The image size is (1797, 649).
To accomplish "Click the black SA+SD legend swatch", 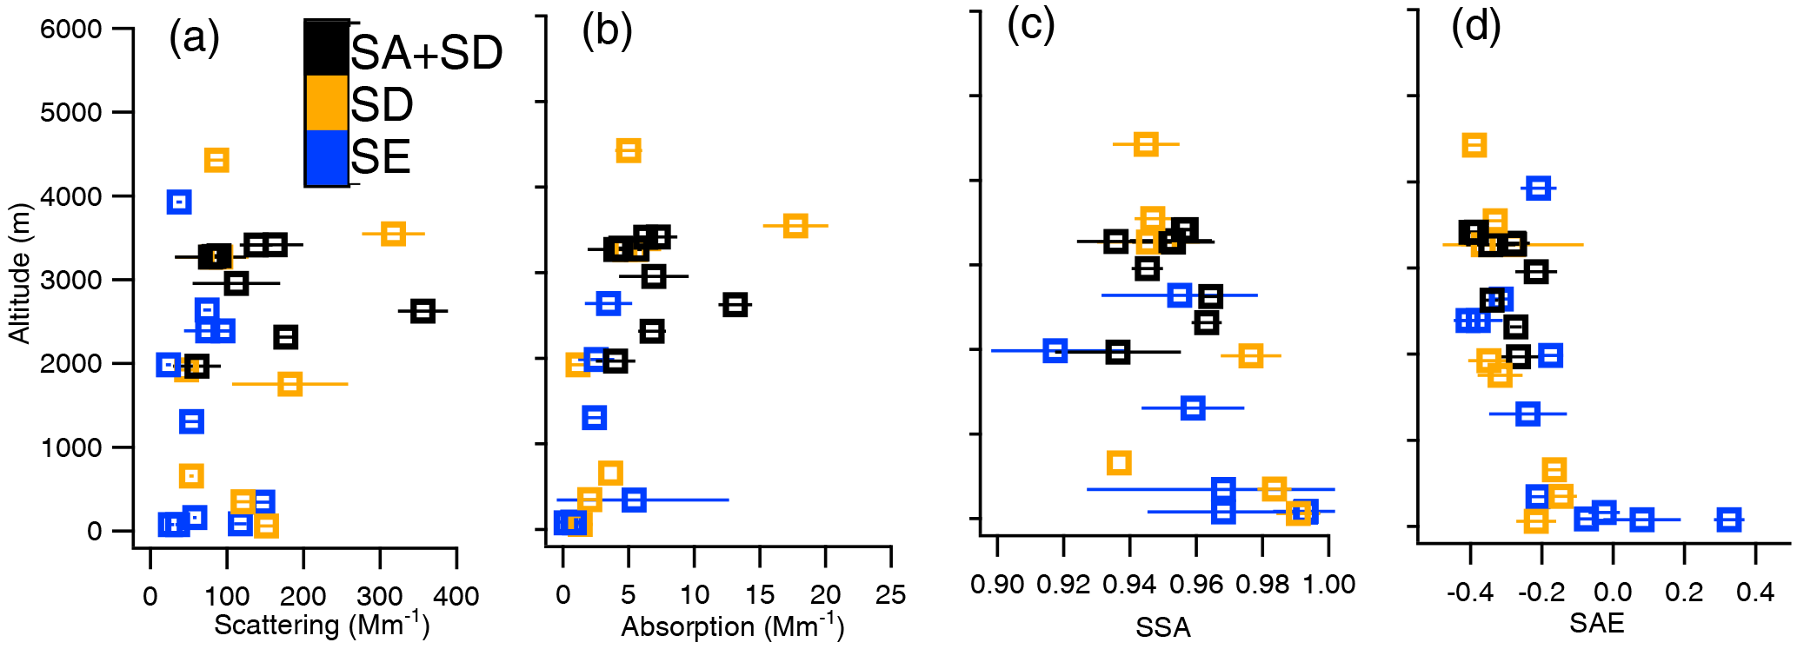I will [x=326, y=48].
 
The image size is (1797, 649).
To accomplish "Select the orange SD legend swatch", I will [x=326, y=103].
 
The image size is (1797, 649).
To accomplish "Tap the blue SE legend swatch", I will [x=326, y=157].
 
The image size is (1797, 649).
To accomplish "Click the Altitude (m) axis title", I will [x=19, y=274].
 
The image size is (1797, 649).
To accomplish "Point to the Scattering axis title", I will [x=322, y=625].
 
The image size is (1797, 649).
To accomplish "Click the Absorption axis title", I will [x=732, y=626].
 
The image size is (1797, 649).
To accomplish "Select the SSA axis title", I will [x=1162, y=627].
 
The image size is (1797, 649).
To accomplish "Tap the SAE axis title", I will [x=1596, y=623].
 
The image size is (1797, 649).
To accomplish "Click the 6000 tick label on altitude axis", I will [x=71, y=30].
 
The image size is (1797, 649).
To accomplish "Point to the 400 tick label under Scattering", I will [x=456, y=596].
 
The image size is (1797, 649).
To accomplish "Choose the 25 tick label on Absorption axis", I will [x=890, y=595].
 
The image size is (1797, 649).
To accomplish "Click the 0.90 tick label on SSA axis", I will [x=997, y=585].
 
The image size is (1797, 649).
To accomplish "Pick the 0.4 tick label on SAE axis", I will [x=1755, y=593].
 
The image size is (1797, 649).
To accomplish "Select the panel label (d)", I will [x=1476, y=27].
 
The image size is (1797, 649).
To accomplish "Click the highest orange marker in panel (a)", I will [x=216, y=160].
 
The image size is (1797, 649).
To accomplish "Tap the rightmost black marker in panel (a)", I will [x=423, y=311].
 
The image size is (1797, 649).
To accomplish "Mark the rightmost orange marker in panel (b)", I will [x=795, y=226].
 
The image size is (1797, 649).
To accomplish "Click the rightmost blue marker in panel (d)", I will [x=1729, y=520].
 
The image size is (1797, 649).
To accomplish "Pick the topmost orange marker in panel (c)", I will [x=1146, y=144].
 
